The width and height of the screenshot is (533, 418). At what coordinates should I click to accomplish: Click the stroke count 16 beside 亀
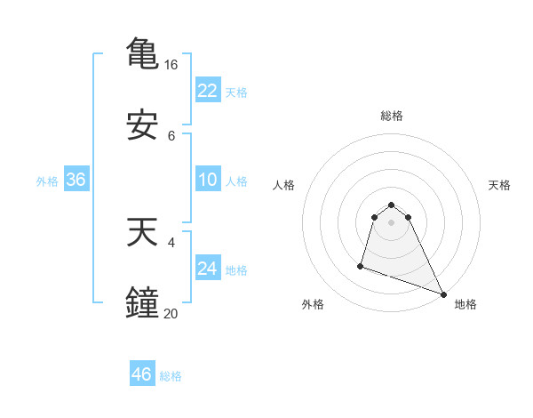click(171, 65)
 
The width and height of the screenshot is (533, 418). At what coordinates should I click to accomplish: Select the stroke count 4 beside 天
click(171, 241)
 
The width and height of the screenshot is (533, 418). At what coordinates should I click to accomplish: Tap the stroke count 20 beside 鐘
click(171, 313)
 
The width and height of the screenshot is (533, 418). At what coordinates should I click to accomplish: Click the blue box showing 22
click(207, 91)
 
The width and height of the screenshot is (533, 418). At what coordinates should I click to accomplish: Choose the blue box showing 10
click(207, 180)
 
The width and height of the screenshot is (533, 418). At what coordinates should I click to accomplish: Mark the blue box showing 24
click(207, 269)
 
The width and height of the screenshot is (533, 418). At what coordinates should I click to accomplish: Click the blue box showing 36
click(76, 180)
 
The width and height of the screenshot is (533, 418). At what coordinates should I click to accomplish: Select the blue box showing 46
click(141, 374)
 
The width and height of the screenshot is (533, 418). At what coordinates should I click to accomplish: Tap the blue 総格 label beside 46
click(171, 376)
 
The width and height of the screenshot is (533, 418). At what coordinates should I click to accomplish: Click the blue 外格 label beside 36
click(47, 181)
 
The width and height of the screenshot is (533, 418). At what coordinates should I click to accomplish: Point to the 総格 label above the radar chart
click(391, 116)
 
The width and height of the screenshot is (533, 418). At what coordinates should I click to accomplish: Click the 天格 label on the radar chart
click(499, 185)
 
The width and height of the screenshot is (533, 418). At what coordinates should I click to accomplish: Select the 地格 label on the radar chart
click(465, 305)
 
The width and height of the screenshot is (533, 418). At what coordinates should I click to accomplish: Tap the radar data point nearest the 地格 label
click(442, 293)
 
